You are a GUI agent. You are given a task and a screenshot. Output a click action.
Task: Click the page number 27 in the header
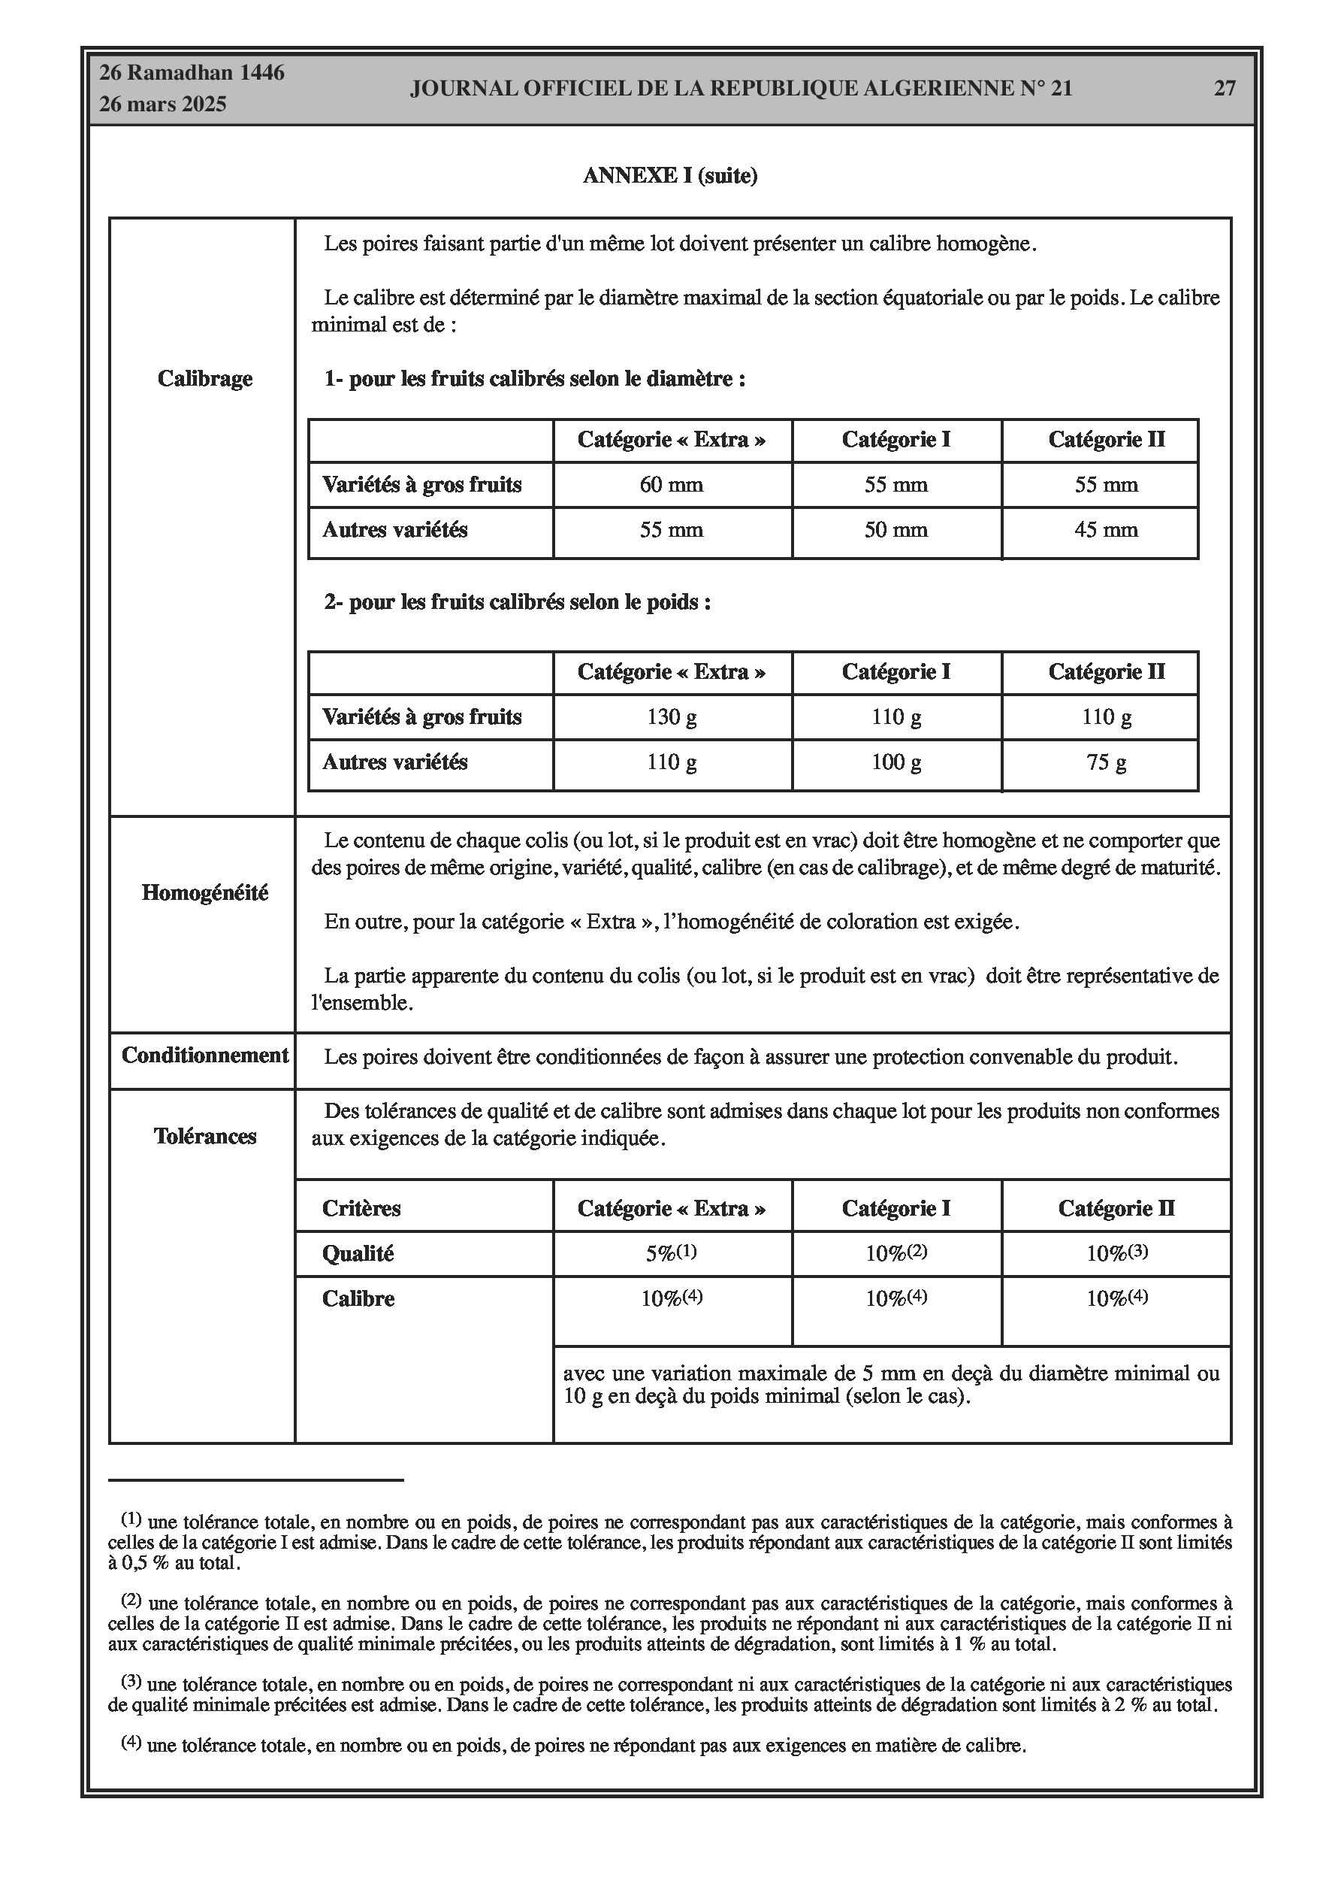point(1225,89)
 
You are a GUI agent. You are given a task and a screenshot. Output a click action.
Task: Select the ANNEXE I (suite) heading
point(669,176)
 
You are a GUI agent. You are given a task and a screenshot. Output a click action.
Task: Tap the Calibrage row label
point(205,379)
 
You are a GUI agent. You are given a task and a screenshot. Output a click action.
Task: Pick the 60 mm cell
point(672,485)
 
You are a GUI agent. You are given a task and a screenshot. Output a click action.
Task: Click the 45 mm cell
point(1106,530)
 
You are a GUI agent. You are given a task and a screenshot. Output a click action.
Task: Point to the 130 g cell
point(672,717)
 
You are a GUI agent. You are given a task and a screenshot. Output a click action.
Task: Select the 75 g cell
point(1106,762)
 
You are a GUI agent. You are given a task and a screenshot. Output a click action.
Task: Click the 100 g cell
point(896,762)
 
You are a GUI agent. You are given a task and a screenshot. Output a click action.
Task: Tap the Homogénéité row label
point(205,893)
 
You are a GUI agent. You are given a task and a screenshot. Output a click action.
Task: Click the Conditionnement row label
point(205,1056)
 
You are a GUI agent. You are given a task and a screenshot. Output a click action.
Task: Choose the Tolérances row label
point(205,1137)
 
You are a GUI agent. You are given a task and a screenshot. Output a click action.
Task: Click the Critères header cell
point(361,1208)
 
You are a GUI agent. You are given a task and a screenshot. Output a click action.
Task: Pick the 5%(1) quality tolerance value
point(672,1254)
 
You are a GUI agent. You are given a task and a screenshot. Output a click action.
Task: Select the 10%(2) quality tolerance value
point(896,1254)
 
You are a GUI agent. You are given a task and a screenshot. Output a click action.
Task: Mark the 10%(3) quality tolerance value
point(1117,1254)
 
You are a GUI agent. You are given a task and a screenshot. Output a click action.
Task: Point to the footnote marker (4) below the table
point(131,1743)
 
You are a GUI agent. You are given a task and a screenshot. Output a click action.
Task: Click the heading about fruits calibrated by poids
point(518,602)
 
